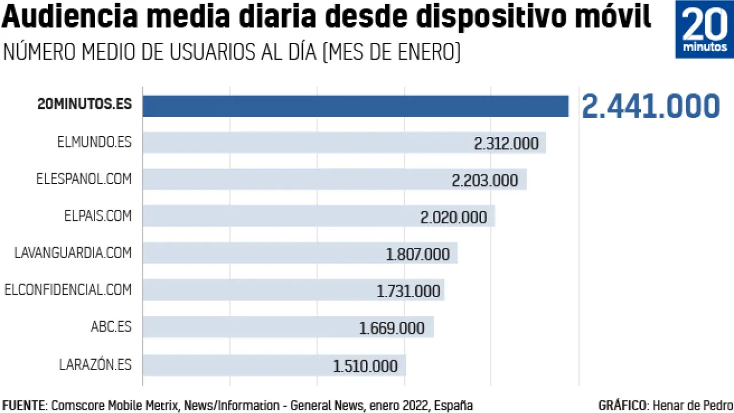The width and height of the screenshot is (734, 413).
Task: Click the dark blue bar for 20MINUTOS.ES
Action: click(356, 106)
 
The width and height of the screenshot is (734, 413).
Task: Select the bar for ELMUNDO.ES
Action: click(304, 143)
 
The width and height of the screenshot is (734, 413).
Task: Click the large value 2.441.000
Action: click(651, 107)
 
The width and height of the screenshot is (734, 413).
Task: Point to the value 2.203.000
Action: click(485, 180)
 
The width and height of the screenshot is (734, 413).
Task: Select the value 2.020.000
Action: click(454, 217)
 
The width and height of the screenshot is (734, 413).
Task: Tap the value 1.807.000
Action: click(417, 254)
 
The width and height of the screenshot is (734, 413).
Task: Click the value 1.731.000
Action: click(408, 291)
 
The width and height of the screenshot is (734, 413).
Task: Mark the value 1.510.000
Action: click(365, 366)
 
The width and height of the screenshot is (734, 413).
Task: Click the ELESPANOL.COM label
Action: click(84, 179)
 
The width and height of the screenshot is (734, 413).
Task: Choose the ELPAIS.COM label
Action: click(97, 216)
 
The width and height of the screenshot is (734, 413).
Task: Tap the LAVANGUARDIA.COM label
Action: click(73, 253)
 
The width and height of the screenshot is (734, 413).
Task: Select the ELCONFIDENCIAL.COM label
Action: click(68, 290)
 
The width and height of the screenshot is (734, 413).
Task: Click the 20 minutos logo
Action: click(704, 29)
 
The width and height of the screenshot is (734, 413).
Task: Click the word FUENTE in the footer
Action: click(24, 406)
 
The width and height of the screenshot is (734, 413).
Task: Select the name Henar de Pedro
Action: click(693, 406)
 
